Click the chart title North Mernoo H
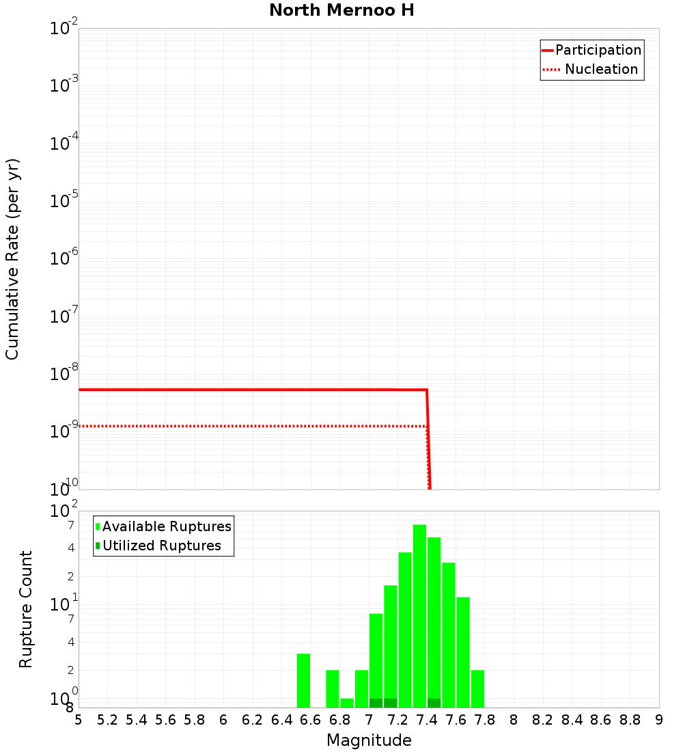coord(341,10)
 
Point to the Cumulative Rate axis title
coord(12,258)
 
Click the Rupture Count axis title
coord(26,609)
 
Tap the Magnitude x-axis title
coord(369,740)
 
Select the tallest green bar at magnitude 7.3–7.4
coord(419,615)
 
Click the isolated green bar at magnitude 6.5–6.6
coord(303,680)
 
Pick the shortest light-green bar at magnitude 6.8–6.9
coord(347,703)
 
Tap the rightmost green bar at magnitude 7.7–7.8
coord(477,688)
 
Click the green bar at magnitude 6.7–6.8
coord(333,688)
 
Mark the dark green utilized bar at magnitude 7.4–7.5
coord(434,703)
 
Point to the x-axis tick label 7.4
coord(427,720)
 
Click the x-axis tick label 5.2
coord(107,720)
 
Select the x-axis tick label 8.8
coord(630,720)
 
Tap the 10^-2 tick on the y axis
coord(64,29)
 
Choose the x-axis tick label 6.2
coord(253,720)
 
